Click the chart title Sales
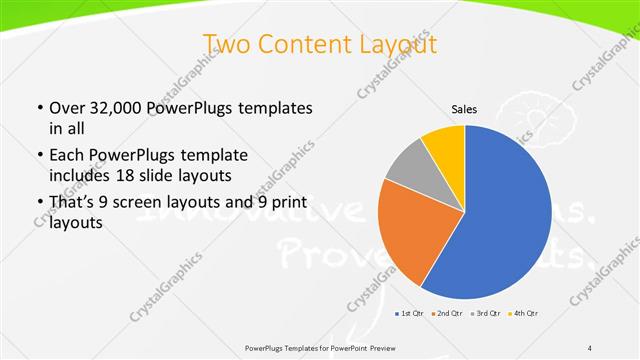click(464, 109)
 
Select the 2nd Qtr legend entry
click(446, 314)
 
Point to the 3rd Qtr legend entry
click(486, 314)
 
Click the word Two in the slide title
click(224, 45)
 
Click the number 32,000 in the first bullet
click(117, 108)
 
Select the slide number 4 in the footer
click(590, 346)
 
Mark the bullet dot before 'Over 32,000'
click(38, 108)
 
